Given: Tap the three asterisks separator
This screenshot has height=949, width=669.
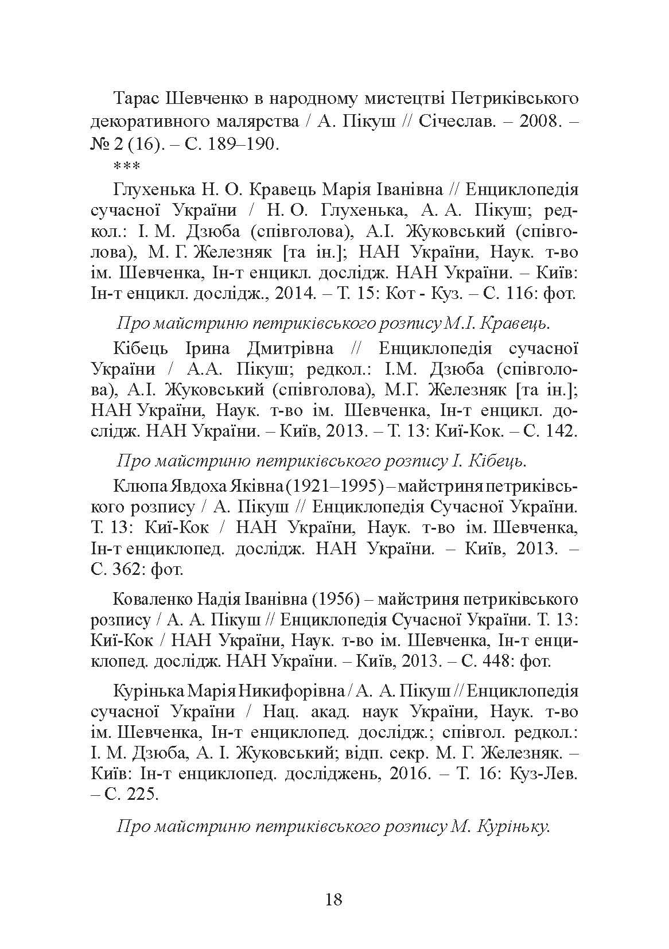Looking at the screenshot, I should pyautogui.click(x=125, y=167).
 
